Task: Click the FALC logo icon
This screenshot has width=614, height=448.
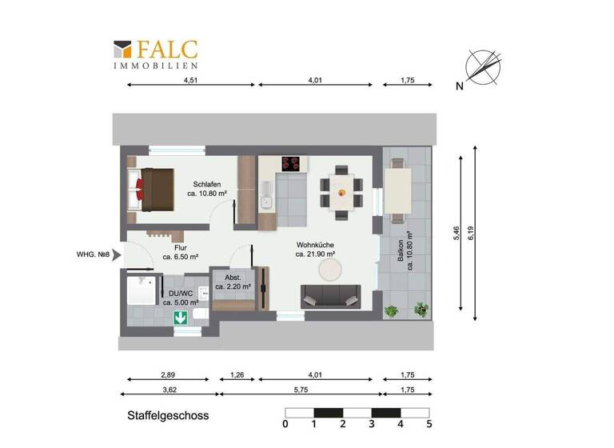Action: (124, 50)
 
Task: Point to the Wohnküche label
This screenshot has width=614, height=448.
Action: (315, 248)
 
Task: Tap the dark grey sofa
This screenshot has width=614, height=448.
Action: (329, 296)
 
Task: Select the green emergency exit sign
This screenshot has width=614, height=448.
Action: (181, 318)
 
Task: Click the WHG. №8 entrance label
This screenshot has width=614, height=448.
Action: (92, 255)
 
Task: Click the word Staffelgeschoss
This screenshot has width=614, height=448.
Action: (167, 416)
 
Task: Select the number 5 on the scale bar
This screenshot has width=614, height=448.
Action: (429, 424)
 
